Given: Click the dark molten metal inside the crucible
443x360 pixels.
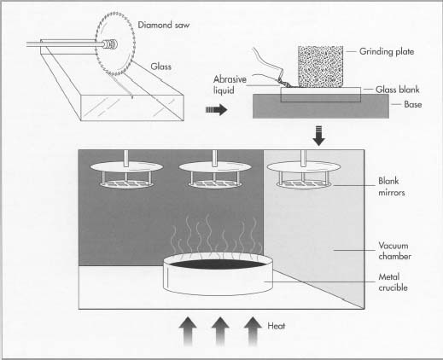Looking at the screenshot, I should click(x=217, y=266).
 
